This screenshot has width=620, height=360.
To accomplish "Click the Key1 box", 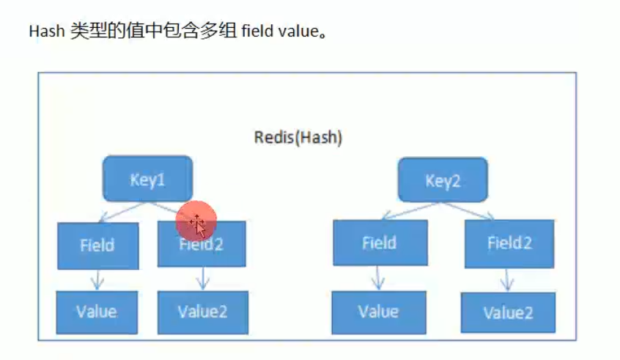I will click(148, 178).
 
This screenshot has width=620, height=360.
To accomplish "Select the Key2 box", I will click(442, 180).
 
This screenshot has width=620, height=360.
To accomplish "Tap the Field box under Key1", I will click(97, 244).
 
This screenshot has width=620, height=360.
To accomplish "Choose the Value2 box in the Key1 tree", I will click(202, 311).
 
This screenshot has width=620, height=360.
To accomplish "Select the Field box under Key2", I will click(379, 242).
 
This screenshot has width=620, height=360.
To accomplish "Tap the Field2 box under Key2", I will click(509, 243).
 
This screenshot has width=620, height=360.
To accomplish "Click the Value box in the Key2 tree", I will click(378, 310).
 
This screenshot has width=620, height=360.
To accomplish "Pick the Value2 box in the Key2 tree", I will click(507, 312).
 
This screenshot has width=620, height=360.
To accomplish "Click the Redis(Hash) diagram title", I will click(298, 137).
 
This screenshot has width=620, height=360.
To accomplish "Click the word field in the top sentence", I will click(256, 33).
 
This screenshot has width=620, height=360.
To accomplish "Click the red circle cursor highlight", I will click(196, 221).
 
